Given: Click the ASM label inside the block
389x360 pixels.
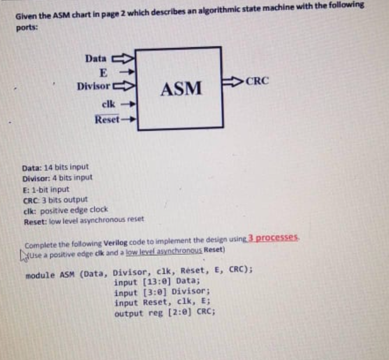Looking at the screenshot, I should pos(181,88).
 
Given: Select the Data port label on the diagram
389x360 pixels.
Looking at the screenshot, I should pos(95,58).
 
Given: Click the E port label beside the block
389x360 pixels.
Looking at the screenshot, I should pos(104,73).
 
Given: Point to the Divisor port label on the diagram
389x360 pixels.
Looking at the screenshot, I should pos(93,86).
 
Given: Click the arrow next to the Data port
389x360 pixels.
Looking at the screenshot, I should pos(127,58).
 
